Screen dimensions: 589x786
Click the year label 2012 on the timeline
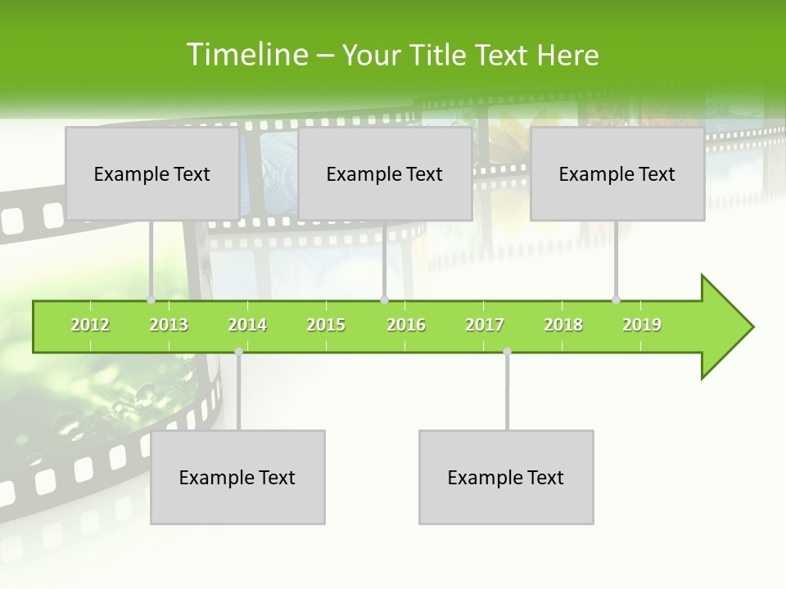[90, 325]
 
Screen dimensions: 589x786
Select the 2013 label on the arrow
[169, 325]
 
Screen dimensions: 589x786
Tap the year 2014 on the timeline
[247, 325]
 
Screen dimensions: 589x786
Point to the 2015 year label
[326, 325]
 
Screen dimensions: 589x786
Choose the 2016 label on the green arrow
[406, 325]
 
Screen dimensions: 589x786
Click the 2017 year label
[485, 325]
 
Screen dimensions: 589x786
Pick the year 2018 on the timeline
[563, 325]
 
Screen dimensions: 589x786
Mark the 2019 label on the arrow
[642, 325]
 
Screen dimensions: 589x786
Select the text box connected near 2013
[152, 173]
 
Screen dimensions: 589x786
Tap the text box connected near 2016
[385, 173]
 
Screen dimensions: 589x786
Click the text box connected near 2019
[617, 173]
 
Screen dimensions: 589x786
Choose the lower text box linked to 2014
[237, 477]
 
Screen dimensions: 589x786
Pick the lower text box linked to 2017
[506, 477]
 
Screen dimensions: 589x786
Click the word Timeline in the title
[245, 55]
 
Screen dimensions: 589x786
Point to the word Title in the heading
[443, 55]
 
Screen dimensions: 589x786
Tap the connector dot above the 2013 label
[151, 299]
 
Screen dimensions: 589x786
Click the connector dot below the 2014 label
[238, 352]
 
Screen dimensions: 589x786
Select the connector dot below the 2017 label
[507, 352]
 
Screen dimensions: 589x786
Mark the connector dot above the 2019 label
[617, 299]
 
